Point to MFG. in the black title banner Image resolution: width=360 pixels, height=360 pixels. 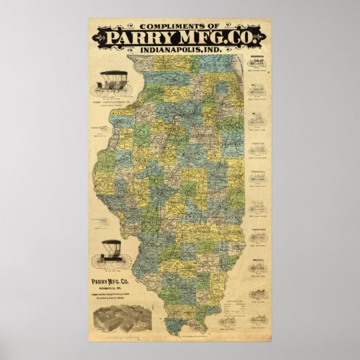click(202, 36)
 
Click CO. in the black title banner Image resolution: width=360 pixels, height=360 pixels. click(243, 36)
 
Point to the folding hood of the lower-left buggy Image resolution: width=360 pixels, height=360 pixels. click(112, 246)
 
